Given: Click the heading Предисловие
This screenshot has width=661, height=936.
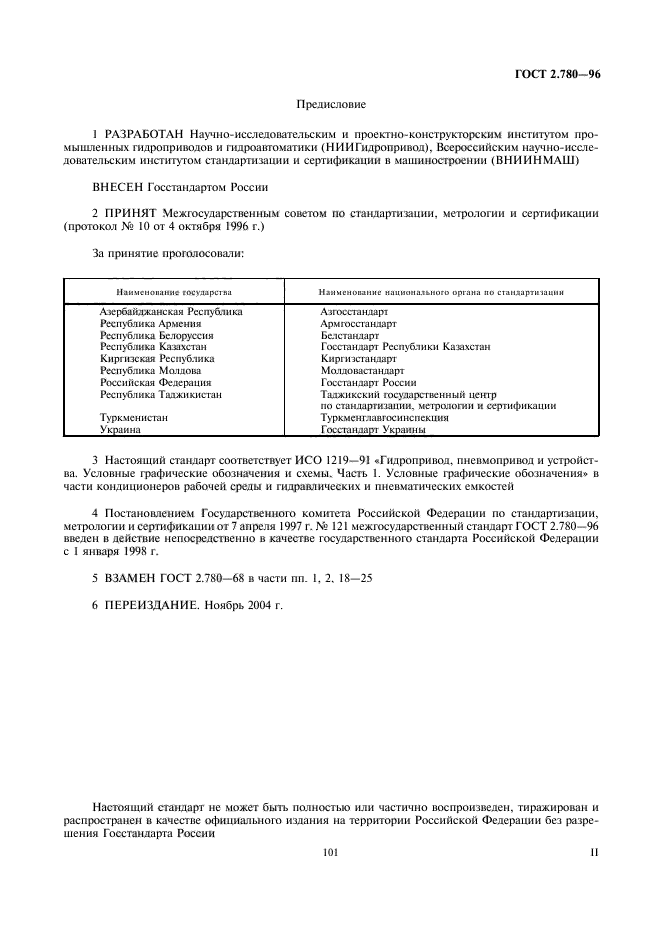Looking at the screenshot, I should click(x=331, y=104).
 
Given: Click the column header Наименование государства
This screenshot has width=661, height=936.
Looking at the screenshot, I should click(x=174, y=292).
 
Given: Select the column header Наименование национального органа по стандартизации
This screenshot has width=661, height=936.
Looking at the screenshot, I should click(x=441, y=292).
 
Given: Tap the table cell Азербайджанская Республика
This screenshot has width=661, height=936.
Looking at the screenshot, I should click(x=171, y=312).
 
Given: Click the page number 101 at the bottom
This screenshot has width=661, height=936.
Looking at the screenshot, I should click(x=331, y=853).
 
